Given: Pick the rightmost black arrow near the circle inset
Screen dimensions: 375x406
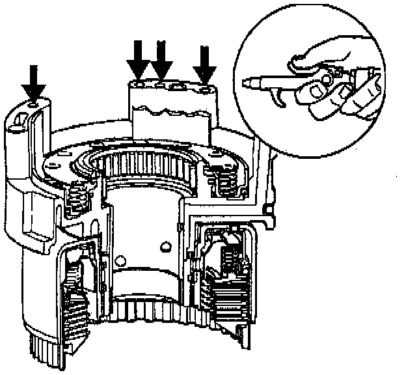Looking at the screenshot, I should tap(205, 64).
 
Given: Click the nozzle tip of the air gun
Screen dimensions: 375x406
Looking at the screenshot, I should tap(248, 83).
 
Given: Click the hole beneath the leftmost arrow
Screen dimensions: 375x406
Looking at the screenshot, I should tap(34, 102).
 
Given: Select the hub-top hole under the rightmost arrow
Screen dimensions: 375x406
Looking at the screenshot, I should tap(206, 87).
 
